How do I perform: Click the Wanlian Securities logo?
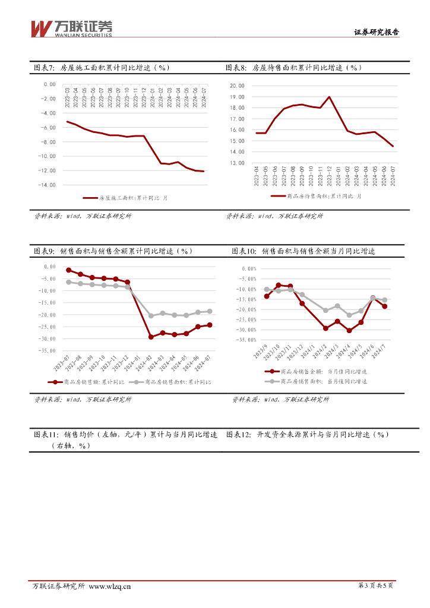coord(71,27)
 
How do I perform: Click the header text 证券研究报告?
coord(376,33)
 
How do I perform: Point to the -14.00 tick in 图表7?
coord(48,185)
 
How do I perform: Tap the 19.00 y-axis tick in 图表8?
coord(236,96)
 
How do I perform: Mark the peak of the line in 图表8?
coord(329,97)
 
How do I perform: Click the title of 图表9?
coord(113,251)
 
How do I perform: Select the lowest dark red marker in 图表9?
coord(151,337)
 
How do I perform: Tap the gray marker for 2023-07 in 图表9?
coord(69,282)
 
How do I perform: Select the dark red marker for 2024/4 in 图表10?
coord(349,330)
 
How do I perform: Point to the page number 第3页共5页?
coord(376,587)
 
